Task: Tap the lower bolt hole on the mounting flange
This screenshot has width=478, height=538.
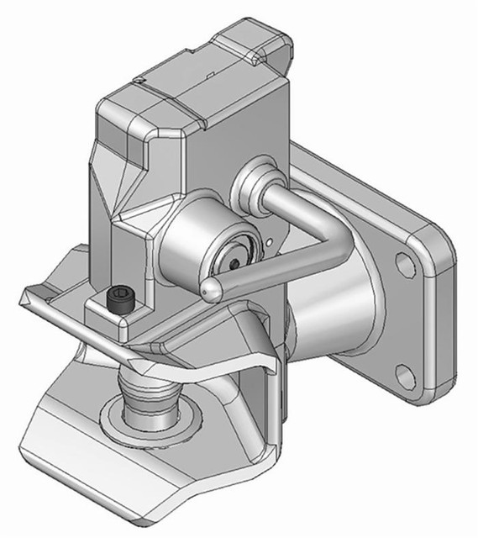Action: (x=406, y=377)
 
